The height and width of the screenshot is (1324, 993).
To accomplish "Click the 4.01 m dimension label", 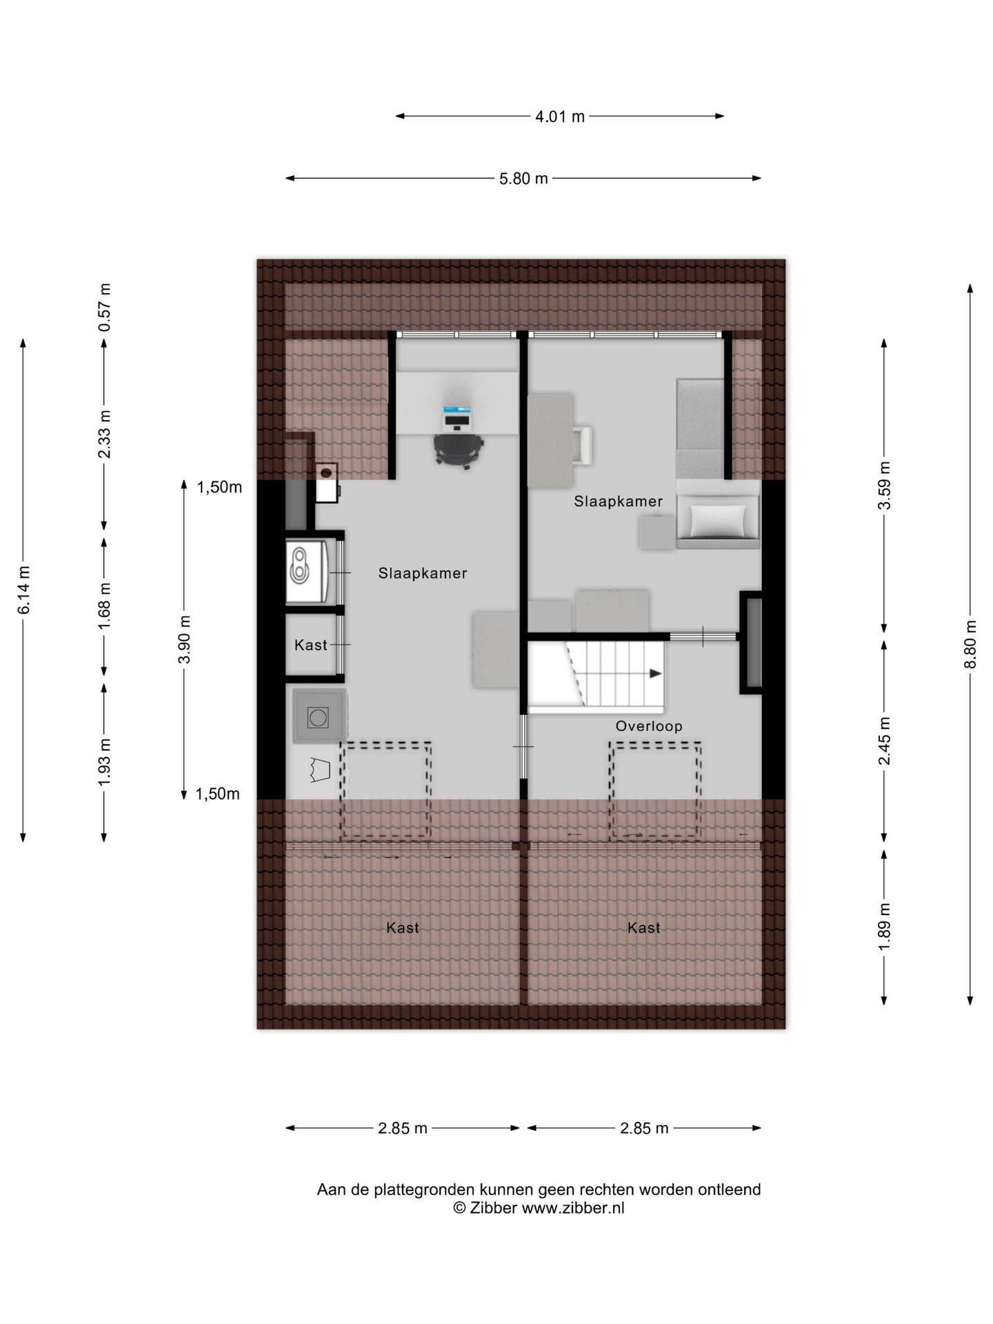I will [559, 117].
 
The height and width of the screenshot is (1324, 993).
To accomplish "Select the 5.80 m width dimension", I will [523, 179].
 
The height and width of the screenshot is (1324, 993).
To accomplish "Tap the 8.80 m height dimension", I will [970, 644].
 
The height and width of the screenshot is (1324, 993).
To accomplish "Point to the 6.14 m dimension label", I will [23, 590].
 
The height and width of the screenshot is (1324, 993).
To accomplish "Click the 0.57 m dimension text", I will [104, 307].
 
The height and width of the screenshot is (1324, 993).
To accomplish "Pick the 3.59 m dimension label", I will [884, 485].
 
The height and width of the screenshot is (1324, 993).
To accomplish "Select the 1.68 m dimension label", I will [104, 606].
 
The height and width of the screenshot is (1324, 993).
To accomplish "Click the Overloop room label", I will [649, 726].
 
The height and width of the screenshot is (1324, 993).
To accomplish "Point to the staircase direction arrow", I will [654, 674].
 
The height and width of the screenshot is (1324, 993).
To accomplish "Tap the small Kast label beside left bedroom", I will [310, 645].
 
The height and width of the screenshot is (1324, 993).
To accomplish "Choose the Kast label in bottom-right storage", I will [643, 928].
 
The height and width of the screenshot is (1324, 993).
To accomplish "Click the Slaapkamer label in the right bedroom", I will [618, 502].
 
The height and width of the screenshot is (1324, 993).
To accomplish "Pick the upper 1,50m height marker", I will [219, 488].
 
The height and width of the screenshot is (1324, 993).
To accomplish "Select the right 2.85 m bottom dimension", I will [643, 1128].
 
